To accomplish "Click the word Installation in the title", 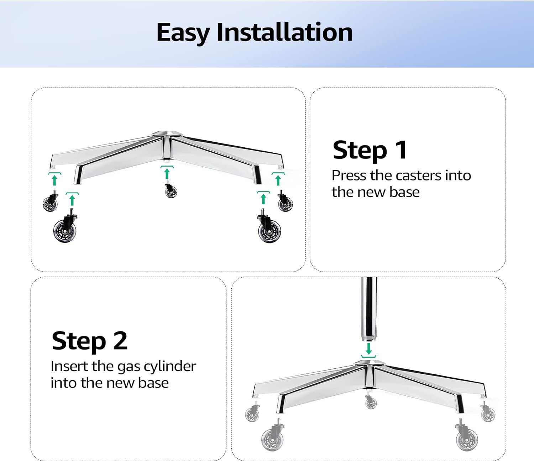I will click(x=284, y=32).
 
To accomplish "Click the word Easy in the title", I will click(x=183, y=33).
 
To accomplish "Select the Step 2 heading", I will click(x=89, y=341).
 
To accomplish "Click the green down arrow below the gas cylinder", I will click(x=368, y=348).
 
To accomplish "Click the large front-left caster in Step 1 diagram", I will click(x=65, y=229).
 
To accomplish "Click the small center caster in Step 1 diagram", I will click(x=171, y=191).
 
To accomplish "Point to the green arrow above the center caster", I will click(x=167, y=173).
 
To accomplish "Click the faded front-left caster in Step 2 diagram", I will click(x=272, y=436).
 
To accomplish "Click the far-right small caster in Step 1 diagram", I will click(x=285, y=203).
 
